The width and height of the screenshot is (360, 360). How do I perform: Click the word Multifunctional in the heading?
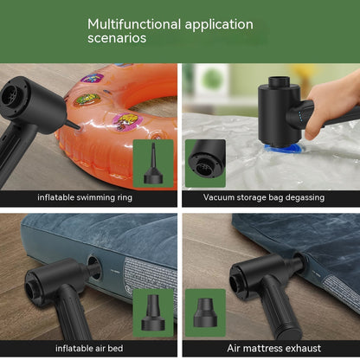point(134,24)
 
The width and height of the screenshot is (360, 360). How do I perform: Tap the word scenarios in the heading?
point(117,38)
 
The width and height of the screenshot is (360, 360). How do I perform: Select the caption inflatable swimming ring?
point(85,197)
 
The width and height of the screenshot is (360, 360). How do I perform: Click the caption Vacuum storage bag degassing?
point(264,197)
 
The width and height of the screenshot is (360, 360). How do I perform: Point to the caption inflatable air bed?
point(89,349)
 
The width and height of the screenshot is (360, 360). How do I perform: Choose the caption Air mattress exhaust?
point(273,348)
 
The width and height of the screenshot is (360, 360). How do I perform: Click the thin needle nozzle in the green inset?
point(153,164)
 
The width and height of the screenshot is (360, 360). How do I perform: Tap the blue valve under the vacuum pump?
point(284,148)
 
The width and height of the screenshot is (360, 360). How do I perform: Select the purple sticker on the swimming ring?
point(92,78)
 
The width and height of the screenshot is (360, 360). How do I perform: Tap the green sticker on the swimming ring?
point(87,100)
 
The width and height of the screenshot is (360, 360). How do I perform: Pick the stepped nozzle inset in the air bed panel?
point(153,312)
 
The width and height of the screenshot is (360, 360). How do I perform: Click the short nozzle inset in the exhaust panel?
point(205,312)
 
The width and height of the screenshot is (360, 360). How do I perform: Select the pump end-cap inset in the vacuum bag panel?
point(205,158)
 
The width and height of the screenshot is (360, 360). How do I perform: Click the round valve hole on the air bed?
point(94,267)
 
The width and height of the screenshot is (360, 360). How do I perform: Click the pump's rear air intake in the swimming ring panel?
point(12,96)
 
